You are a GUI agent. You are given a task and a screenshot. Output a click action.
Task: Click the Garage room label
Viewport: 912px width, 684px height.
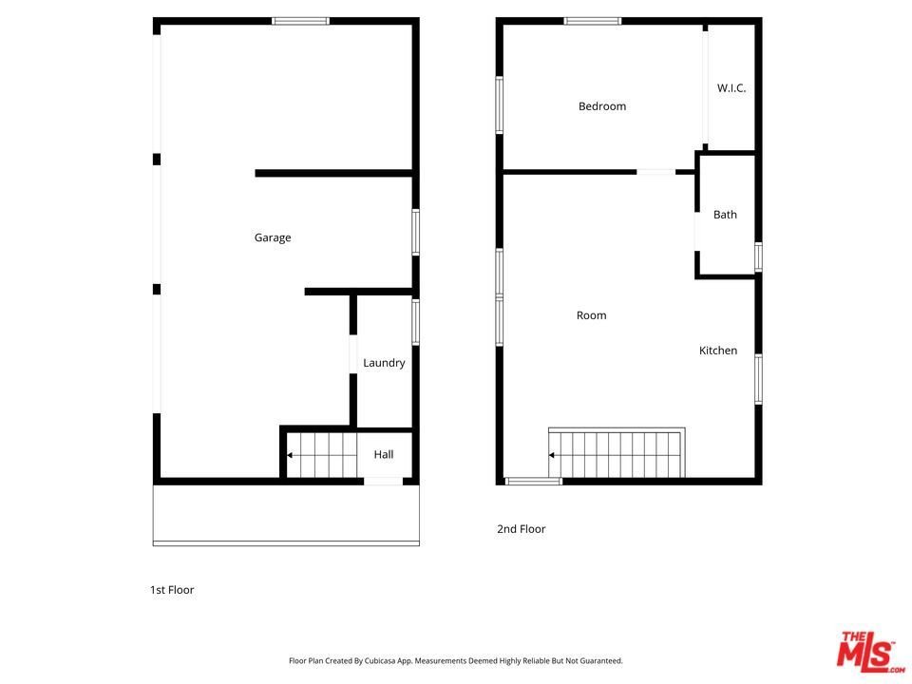(x=273, y=237)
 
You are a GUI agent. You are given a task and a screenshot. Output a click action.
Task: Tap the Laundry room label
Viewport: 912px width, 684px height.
(x=384, y=363)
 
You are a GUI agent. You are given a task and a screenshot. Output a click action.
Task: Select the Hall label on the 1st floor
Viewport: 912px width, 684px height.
(x=383, y=454)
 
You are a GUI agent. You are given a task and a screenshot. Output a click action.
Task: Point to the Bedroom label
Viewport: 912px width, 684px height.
(x=602, y=105)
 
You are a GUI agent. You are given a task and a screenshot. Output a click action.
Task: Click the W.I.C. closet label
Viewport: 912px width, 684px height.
(x=731, y=87)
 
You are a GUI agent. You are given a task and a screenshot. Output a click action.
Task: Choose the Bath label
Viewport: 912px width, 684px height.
(x=725, y=215)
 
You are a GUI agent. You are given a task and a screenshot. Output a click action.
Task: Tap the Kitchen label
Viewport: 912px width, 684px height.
(x=718, y=351)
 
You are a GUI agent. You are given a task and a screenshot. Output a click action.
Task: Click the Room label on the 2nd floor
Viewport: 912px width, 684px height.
(x=591, y=315)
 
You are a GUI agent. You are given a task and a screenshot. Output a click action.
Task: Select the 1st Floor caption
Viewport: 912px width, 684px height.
(x=172, y=590)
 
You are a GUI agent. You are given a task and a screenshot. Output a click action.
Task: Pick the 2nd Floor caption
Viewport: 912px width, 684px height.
(x=522, y=529)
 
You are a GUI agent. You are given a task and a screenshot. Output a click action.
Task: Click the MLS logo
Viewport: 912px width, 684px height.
(x=869, y=652)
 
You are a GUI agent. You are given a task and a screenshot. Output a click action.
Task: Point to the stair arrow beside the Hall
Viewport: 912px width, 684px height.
(x=290, y=455)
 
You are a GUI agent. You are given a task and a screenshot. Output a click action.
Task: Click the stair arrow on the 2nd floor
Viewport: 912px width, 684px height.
(x=551, y=455)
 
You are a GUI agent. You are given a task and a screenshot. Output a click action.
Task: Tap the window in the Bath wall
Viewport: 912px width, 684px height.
(x=758, y=257)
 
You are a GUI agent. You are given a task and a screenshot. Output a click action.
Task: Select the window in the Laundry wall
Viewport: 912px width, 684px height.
(x=415, y=322)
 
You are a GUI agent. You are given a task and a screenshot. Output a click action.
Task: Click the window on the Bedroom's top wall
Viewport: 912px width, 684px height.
(x=592, y=22)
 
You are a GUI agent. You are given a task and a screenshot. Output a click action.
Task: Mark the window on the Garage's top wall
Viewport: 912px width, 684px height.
(x=301, y=22)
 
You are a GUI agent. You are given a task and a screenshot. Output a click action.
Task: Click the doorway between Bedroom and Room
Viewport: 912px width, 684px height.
(x=655, y=172)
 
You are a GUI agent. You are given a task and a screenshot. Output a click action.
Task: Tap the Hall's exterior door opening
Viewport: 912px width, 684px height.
(x=383, y=481)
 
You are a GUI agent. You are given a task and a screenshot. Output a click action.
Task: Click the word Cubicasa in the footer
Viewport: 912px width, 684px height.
(x=380, y=661)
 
